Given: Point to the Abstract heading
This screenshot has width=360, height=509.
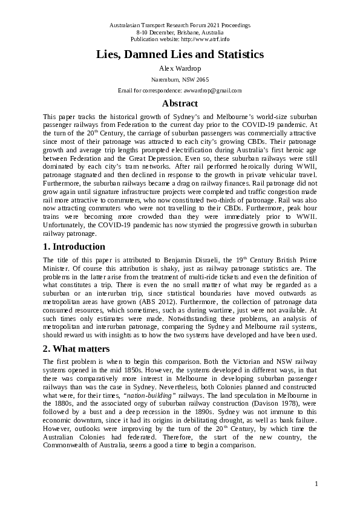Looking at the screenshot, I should [180, 103].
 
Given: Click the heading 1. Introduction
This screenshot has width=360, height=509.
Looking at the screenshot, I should [74, 247].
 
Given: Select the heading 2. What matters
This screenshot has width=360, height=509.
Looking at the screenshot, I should [76, 348].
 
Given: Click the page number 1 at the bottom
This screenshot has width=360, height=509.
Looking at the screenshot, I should [316, 484].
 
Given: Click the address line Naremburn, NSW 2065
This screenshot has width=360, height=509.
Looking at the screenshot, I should [180, 79].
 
